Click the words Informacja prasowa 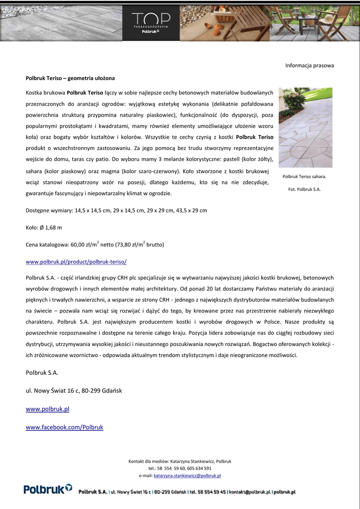(309, 65)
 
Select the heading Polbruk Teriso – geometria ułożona (70, 78)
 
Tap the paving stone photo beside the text (305, 127)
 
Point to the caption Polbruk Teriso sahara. (304, 176)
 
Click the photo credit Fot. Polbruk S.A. (304, 189)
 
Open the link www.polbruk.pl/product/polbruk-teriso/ (76, 261)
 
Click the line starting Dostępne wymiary (116, 210)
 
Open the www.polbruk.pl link (47, 409)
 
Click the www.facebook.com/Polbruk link (64, 427)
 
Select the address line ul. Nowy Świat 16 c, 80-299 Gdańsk (74, 390)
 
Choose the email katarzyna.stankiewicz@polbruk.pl (187, 476)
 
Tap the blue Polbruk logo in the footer (48, 489)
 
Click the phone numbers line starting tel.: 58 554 (180, 468)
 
